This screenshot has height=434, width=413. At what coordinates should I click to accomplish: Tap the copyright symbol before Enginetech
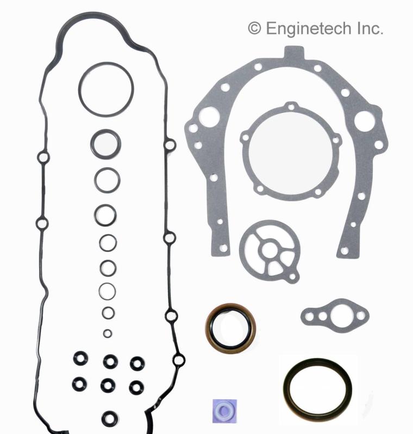pos(254,29)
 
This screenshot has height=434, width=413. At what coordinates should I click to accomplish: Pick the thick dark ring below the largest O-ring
pos(105,143)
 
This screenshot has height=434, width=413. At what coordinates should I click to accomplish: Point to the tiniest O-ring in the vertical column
pos(108,333)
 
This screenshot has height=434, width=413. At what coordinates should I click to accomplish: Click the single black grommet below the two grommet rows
pos(110,417)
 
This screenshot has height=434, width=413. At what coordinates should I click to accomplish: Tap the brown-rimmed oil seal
pos(230,328)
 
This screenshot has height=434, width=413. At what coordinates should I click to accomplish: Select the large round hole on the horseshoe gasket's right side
pos(365,121)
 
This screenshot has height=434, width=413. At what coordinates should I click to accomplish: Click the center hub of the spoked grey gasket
pos(269,248)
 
